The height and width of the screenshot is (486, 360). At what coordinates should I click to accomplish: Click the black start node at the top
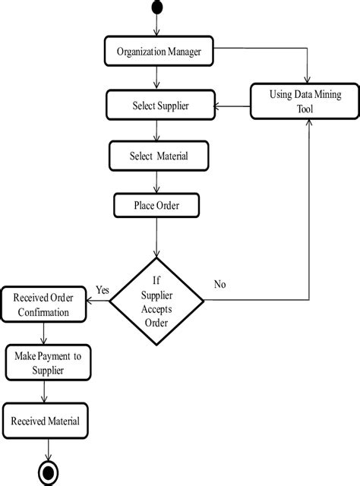157,7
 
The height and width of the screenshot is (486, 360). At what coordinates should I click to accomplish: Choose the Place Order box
157,205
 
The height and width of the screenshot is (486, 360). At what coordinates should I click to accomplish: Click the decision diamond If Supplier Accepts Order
157,301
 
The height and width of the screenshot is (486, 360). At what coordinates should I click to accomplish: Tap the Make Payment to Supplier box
48,363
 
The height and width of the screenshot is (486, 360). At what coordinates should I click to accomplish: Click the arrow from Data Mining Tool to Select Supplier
231,107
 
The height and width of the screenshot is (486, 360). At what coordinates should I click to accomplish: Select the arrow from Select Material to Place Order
157,182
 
